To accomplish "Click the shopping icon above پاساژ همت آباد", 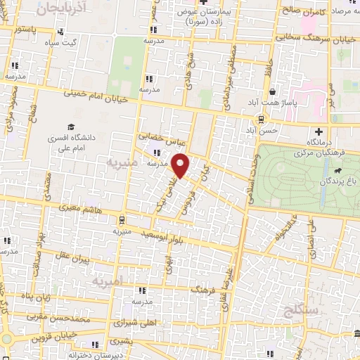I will pyautogui.click(x=272, y=91).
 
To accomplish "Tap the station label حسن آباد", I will pyautogui.click(x=267, y=130).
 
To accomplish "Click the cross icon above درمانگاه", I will pyautogui.click(x=319, y=131).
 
